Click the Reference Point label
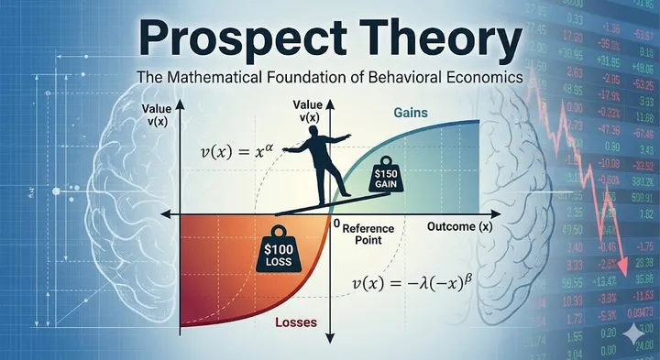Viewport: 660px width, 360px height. click(367, 233)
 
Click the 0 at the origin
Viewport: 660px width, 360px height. click(337, 224)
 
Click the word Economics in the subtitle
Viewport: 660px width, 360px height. click(484, 78)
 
